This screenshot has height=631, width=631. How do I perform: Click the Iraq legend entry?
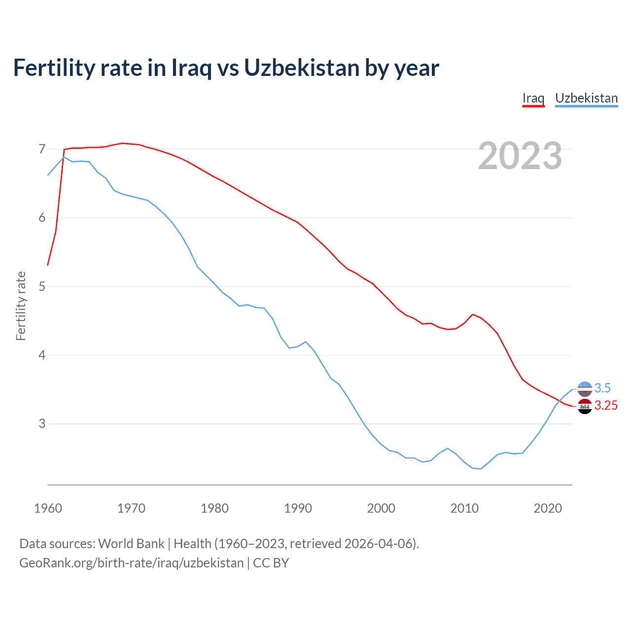click(533, 98)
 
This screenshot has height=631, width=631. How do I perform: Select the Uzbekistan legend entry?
click(586, 98)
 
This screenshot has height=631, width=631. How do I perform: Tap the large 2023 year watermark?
click(520, 156)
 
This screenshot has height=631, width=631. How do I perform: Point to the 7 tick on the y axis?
click(42, 149)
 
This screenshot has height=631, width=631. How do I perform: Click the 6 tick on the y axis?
click(42, 218)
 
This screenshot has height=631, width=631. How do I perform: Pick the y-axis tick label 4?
click(42, 355)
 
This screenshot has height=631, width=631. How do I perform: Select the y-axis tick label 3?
click(42, 424)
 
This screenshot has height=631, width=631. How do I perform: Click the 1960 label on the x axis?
click(48, 508)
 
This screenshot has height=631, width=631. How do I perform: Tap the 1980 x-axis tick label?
click(214, 508)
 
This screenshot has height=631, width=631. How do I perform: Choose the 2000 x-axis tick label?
click(381, 508)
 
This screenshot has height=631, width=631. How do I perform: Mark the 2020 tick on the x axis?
click(548, 508)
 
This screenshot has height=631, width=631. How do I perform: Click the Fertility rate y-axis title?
click(21, 306)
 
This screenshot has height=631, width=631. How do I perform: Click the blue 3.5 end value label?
click(602, 388)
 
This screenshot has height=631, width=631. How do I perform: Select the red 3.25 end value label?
click(606, 406)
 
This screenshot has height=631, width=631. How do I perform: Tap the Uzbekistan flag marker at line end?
click(585, 389)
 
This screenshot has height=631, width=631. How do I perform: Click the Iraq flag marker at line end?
click(585, 407)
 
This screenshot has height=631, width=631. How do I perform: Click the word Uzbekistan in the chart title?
click(302, 68)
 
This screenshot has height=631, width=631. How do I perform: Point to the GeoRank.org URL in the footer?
click(131, 563)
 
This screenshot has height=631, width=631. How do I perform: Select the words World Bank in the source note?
click(131, 544)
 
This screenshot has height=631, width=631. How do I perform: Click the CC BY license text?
click(271, 563)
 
